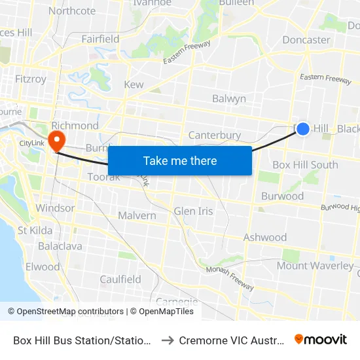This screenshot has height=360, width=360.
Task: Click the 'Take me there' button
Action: [x=179, y=160]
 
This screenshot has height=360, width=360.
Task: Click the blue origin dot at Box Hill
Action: [x=303, y=129]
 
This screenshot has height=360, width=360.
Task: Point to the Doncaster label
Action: [x=306, y=40]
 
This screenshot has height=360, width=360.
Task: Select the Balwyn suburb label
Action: [x=229, y=99]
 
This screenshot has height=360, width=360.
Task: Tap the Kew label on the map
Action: [x=134, y=85]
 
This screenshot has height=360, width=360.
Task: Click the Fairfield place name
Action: [x=100, y=39]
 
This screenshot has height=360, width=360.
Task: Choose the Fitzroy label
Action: [x=31, y=79]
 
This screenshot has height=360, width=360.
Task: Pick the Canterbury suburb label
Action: [x=215, y=135]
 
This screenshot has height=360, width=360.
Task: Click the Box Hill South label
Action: [x=305, y=165]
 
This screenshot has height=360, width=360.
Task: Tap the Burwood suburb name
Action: [x=282, y=196]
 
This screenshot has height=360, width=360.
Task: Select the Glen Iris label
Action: [x=193, y=211]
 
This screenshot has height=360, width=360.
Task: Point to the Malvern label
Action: [x=137, y=216]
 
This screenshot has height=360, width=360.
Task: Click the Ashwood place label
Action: [x=265, y=238]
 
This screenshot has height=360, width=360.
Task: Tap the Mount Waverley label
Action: [x=314, y=266]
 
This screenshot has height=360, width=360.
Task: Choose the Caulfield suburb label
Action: [x=120, y=279]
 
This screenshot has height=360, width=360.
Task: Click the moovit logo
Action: [x=320, y=340]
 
